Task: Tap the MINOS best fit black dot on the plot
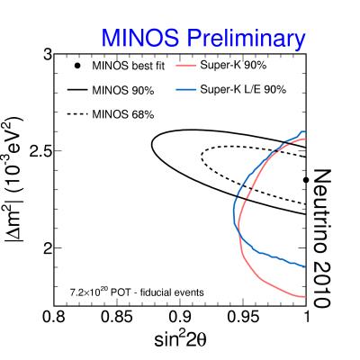pos(306,179)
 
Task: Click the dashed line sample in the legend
pos(78,114)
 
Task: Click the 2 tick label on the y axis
pos(45,247)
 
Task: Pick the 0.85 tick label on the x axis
pos(117,317)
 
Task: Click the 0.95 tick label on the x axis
pos(243,317)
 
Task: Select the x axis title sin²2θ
pos(182,341)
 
